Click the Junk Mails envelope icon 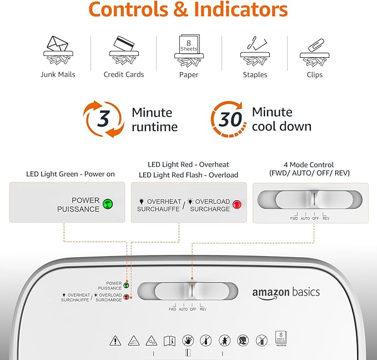tap(58, 51)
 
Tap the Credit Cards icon tap(123, 51)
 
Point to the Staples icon tap(254, 51)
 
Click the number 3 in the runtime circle tap(103, 118)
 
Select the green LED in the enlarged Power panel tap(108, 204)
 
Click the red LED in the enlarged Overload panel tap(238, 204)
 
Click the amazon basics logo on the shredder tap(286, 293)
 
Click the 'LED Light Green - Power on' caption tap(71, 174)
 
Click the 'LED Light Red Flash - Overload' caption tap(188, 175)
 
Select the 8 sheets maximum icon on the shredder tap(280, 338)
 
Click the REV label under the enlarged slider tap(325, 218)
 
